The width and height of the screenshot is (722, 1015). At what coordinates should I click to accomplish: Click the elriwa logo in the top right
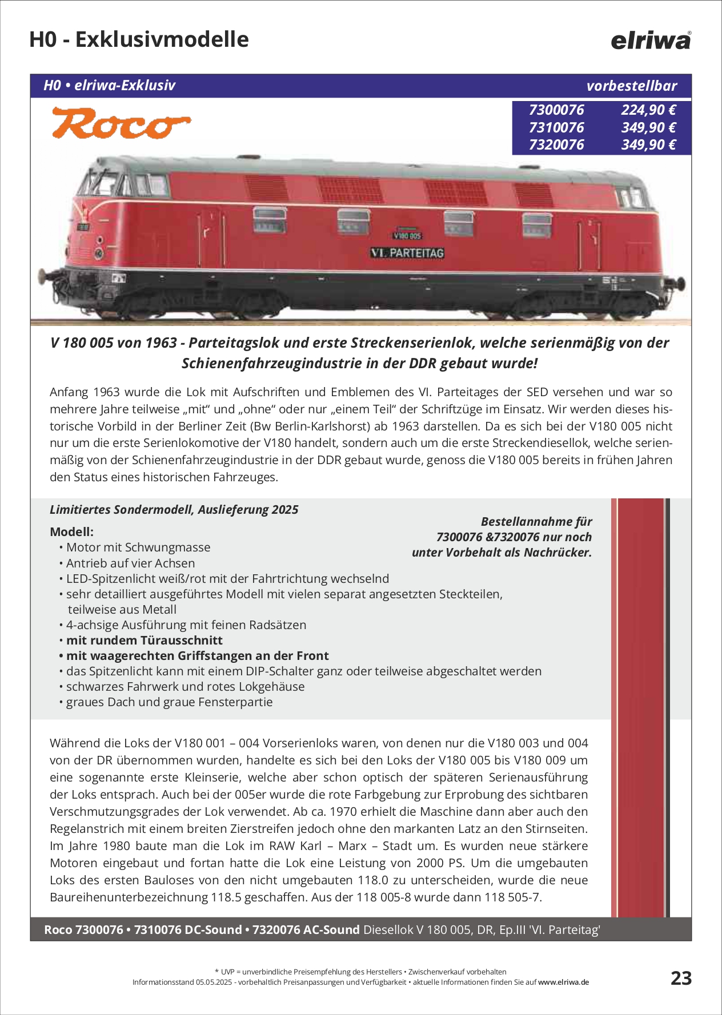point(651,41)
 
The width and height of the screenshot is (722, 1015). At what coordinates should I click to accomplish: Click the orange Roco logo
point(121,123)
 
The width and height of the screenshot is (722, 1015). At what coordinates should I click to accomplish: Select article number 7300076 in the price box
point(556,110)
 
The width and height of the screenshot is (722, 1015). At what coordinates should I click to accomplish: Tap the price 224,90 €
point(648,110)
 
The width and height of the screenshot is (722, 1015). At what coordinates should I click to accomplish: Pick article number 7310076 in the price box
point(556,127)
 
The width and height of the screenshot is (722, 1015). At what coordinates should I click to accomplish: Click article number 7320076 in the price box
point(556,144)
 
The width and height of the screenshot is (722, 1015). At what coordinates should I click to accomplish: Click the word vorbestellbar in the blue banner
point(631,86)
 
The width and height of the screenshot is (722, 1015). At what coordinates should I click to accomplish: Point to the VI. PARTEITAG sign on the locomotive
point(407,253)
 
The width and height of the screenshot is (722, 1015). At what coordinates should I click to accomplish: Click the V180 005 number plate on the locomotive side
point(407,236)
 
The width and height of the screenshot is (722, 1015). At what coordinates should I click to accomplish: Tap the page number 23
point(681,978)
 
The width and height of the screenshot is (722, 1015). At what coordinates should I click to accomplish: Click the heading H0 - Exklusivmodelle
point(139,39)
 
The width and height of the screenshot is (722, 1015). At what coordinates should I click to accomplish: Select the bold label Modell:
point(71,531)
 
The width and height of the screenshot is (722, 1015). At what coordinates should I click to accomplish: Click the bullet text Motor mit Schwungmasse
point(138,547)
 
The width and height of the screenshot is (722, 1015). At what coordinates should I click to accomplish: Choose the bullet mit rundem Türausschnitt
point(144,640)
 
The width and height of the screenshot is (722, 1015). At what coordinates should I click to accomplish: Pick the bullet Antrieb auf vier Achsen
point(130,563)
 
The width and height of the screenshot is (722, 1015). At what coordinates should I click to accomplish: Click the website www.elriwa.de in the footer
point(563,982)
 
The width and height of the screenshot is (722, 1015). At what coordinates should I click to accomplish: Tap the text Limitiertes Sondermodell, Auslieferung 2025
point(174,509)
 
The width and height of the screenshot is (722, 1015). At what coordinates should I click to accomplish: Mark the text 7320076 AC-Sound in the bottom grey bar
point(306,930)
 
